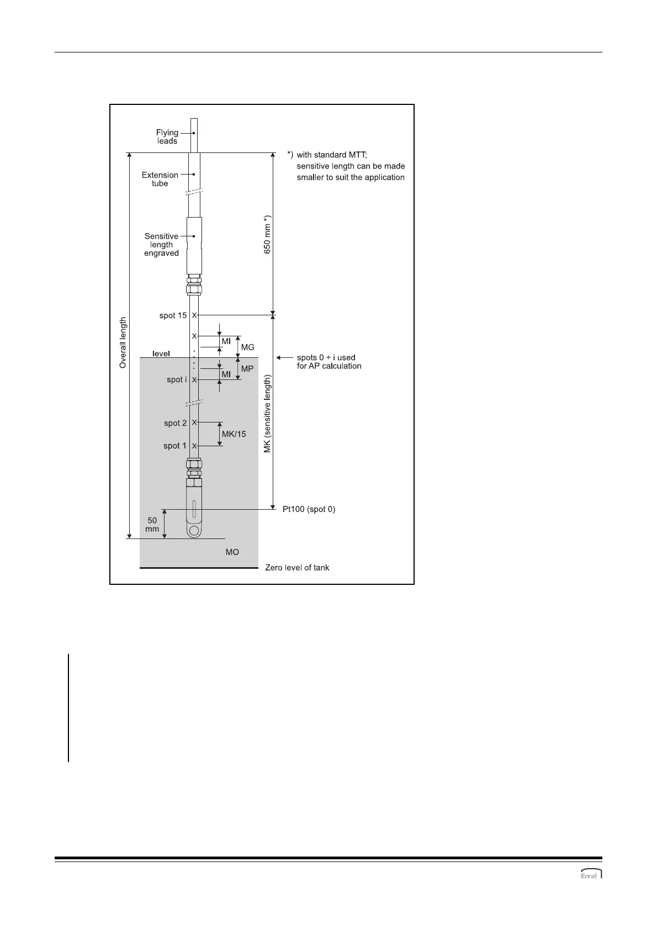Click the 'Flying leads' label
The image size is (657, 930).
(167, 137)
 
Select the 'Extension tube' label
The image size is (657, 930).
(160, 179)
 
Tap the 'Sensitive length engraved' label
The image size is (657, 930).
(161, 245)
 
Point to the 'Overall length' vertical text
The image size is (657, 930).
(123, 342)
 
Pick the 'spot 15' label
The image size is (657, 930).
(173, 316)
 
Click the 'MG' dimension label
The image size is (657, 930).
(248, 347)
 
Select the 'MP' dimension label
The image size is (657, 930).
(247, 368)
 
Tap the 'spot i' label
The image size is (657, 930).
(177, 380)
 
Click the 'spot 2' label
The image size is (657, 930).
(175, 424)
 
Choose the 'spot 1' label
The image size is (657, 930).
(175, 446)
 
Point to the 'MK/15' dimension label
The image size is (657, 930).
(234, 435)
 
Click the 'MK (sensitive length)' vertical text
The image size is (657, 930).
(267, 414)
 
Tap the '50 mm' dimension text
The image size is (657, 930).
(152, 525)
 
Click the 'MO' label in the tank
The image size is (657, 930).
(232, 552)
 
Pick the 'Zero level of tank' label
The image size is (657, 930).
(297, 568)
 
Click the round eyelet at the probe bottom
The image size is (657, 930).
(193, 531)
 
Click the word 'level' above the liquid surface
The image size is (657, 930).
(161, 353)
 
